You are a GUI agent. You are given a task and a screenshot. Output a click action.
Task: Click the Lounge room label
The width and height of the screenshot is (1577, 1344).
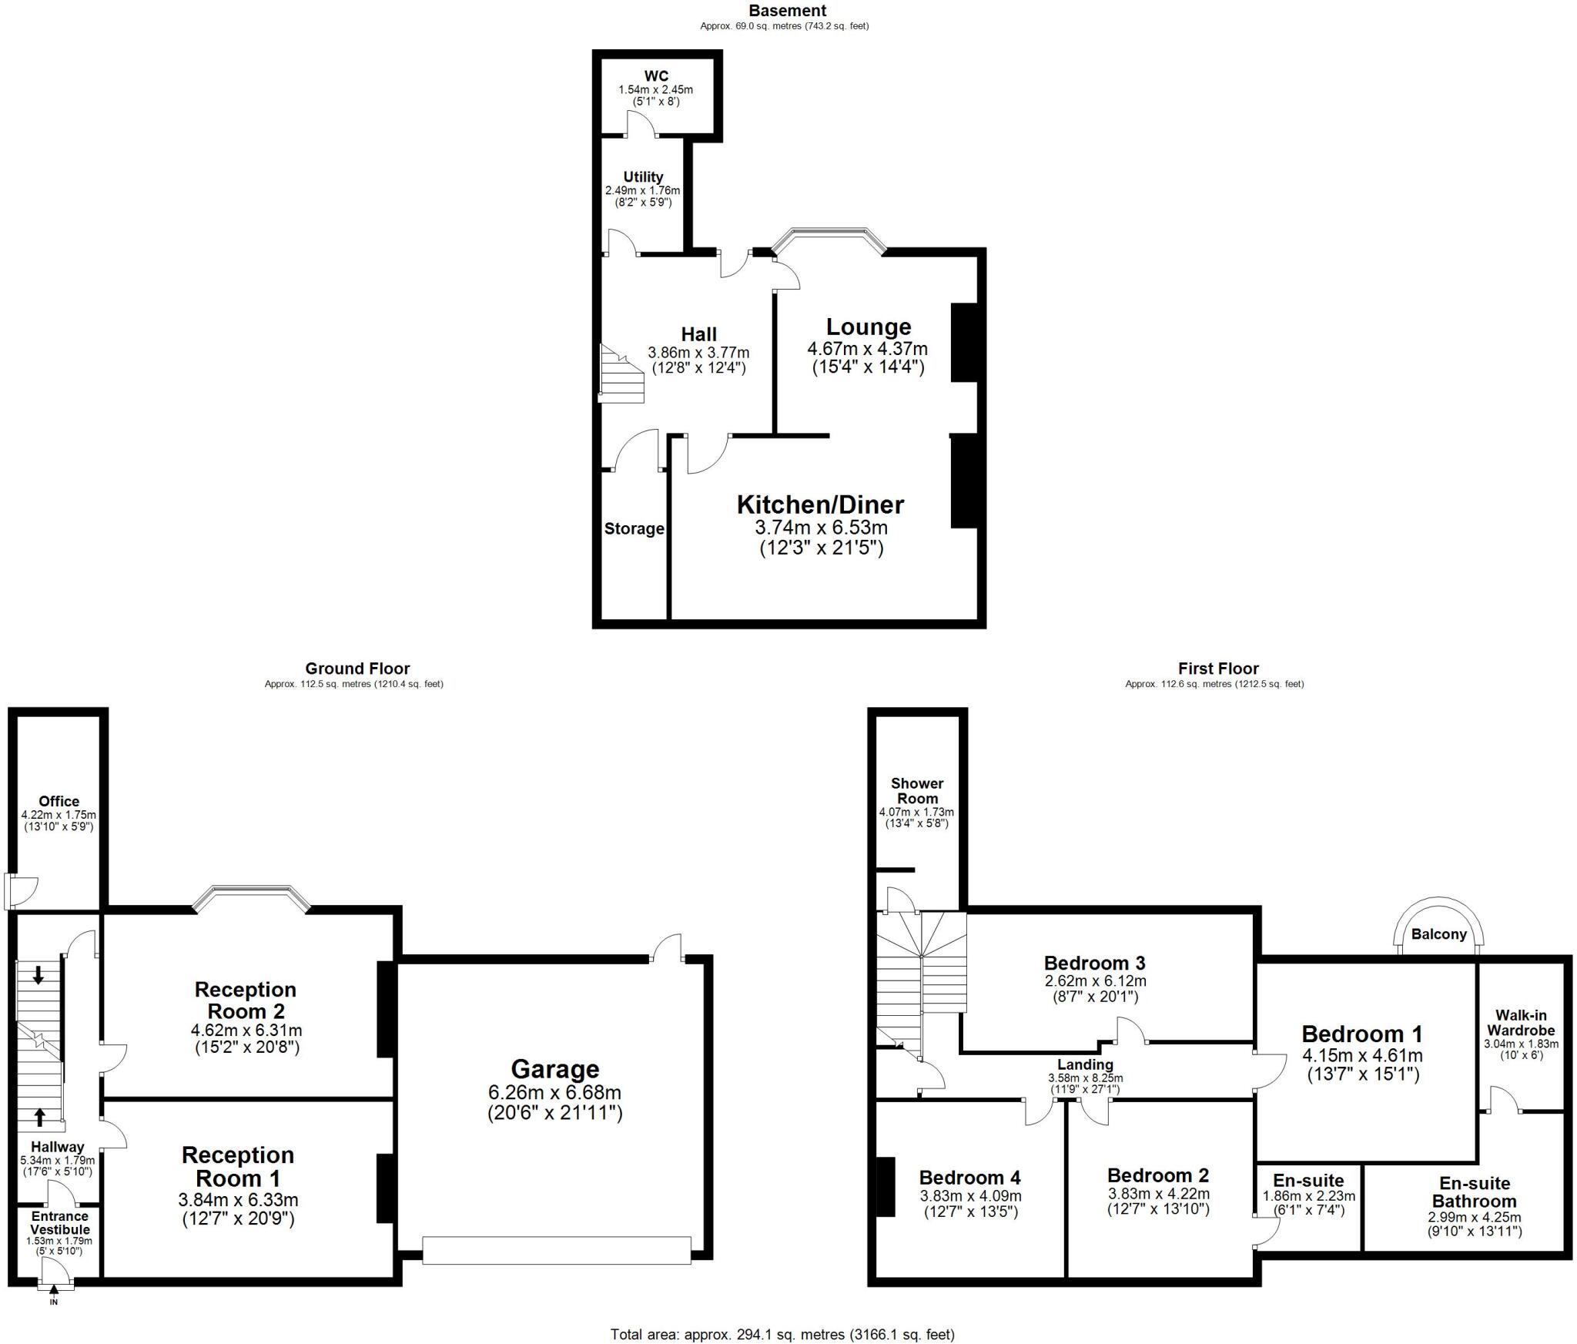868,327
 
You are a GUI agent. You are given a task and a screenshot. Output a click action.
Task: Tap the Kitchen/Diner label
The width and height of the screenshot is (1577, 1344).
820,505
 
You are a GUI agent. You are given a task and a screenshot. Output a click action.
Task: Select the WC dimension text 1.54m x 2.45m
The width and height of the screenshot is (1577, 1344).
655,90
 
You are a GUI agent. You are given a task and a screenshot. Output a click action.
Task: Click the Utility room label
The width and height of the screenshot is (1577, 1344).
643,177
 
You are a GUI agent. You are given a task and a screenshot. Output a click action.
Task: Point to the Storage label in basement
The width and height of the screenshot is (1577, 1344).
634,529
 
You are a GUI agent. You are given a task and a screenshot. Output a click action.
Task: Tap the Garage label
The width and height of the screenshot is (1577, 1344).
554,1069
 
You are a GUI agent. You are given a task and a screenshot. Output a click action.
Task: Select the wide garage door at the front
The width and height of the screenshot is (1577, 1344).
557,1250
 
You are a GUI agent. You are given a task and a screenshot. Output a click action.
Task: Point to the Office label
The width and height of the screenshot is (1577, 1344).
59,802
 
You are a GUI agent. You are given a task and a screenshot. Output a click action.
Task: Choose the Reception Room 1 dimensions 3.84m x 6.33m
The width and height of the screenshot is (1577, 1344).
238,1200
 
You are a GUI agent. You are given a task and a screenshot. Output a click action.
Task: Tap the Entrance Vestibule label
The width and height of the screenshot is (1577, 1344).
59,1223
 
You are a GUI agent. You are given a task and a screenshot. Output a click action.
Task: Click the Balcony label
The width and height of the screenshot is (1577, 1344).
1438,934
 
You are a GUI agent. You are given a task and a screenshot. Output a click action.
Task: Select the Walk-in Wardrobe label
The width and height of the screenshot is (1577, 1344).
1520,1023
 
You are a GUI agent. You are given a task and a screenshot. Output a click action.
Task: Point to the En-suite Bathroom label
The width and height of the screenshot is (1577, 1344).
1474,1192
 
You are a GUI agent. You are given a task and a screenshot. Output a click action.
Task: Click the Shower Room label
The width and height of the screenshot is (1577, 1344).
916,791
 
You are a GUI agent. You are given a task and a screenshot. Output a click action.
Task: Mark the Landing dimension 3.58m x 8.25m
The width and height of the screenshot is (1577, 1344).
1084,1078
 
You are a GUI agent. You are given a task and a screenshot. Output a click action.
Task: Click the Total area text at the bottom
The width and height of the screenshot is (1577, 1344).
782,1334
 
